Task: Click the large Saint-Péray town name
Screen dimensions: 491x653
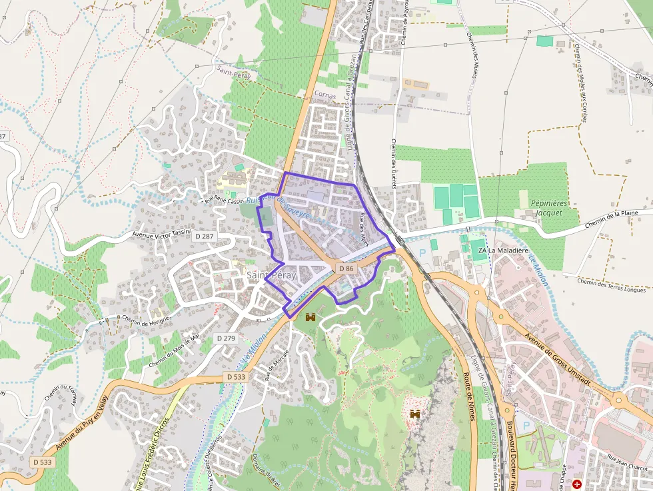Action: point(271,275)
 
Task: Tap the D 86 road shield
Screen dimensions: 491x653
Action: point(345,268)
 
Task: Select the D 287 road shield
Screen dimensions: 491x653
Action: point(204,236)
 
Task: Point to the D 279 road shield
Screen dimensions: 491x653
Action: point(226,338)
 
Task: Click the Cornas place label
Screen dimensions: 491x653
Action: point(325,95)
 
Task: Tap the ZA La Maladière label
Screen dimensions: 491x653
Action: point(494,250)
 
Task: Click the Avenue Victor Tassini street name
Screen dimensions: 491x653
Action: point(161,234)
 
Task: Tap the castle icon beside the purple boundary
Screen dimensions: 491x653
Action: point(310,318)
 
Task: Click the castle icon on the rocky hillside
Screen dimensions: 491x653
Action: point(415,414)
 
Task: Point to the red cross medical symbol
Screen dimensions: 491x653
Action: point(577,484)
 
